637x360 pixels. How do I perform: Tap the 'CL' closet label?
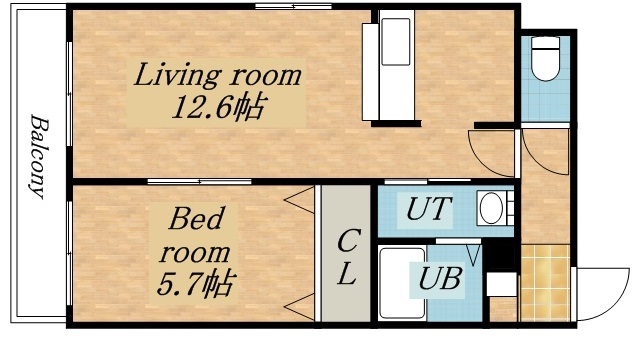coord(346,257)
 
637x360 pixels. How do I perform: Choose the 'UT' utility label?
coord(428,210)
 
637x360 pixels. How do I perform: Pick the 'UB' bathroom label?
coord(440,279)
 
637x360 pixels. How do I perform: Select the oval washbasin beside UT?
coord(492,209)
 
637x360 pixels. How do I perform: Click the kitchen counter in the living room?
coord(395,67)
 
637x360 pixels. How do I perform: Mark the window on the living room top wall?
coord(292,7)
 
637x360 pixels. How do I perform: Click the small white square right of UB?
coord(500,283)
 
